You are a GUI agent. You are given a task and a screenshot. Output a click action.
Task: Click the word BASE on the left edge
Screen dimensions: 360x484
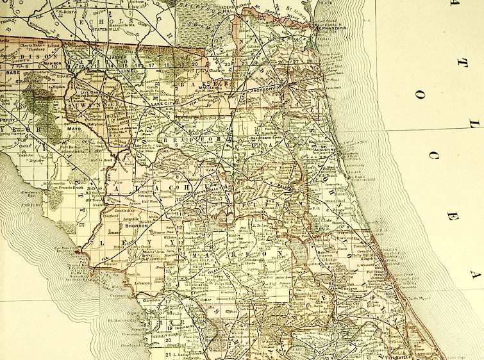(12, 73)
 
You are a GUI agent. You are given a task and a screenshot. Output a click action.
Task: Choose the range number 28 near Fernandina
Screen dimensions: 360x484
(310, 61)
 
